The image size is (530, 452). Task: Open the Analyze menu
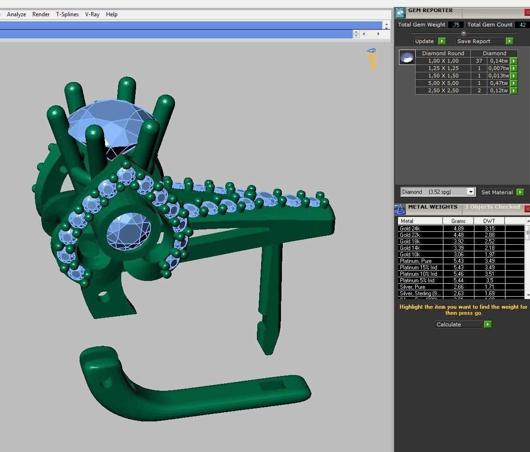click(16, 14)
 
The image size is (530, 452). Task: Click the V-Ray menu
click(92, 14)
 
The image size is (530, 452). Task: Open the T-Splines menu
click(68, 14)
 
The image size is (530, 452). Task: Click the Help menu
click(112, 14)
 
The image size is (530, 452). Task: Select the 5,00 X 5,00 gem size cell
click(443, 83)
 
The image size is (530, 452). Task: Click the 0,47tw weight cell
click(498, 83)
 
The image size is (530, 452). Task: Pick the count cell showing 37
click(479, 61)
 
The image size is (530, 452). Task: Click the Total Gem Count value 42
click(523, 25)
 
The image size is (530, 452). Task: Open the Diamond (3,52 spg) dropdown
click(437, 192)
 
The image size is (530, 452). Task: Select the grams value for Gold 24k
click(458, 229)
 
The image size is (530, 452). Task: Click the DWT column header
click(489, 221)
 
